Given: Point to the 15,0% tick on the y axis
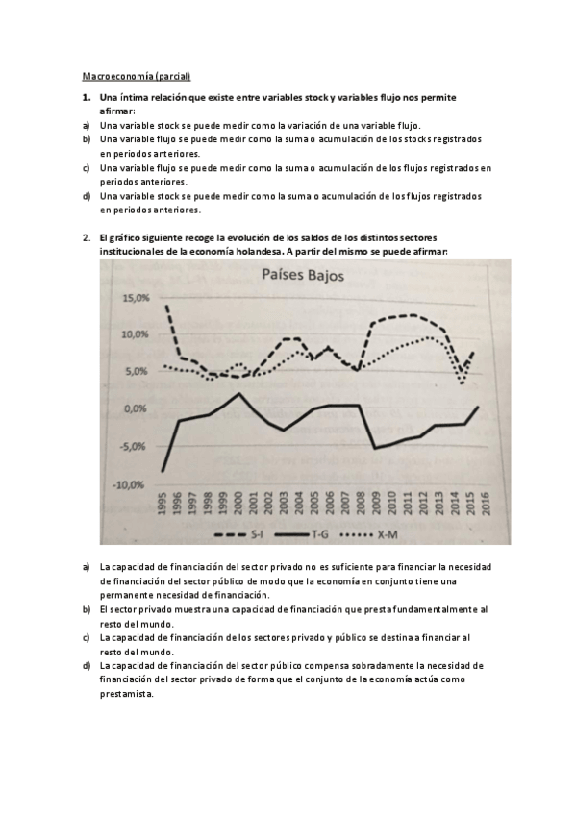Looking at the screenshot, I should pos(135,299).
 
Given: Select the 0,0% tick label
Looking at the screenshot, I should pos(136,409).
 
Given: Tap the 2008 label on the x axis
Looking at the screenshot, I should pos(359,506).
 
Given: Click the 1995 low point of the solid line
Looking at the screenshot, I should pos(163,470).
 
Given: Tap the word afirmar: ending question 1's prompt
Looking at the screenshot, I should pos(117,112).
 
